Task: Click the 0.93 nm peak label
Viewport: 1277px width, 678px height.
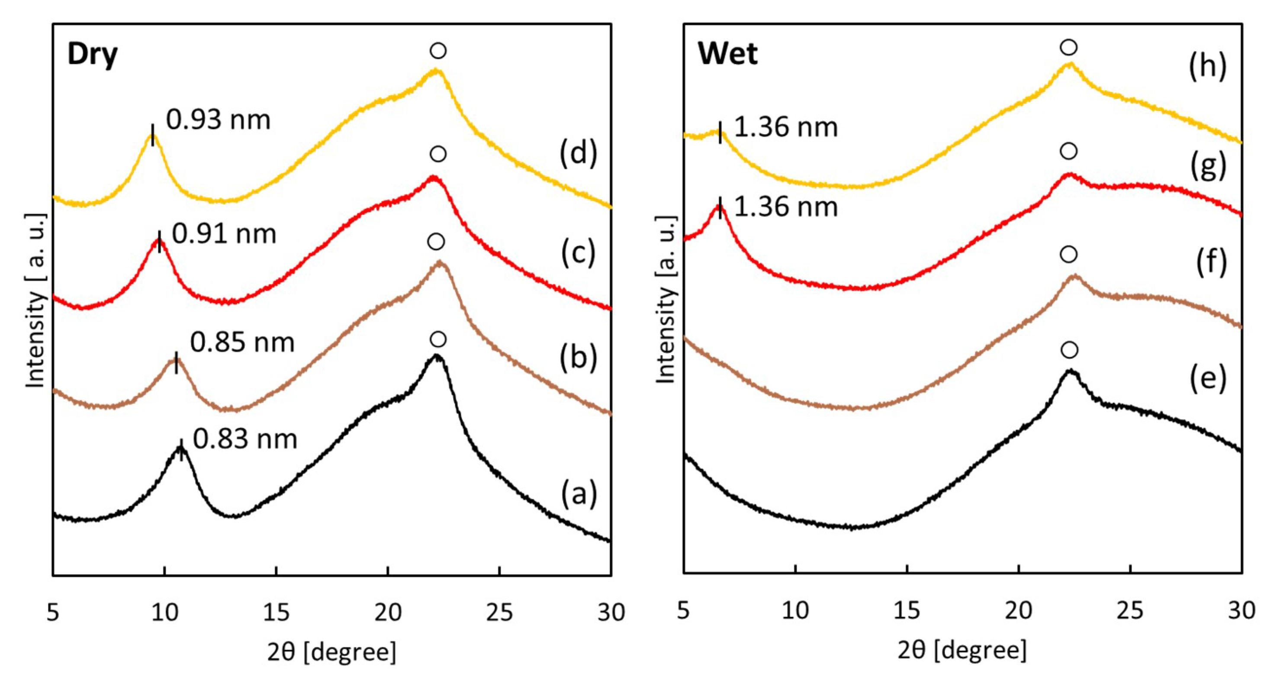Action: (x=218, y=120)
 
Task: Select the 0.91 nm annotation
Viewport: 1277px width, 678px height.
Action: (x=224, y=234)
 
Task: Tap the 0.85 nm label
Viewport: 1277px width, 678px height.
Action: (x=242, y=343)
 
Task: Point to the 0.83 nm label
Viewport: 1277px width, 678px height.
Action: (x=245, y=439)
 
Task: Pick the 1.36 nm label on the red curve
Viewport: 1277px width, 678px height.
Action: (x=786, y=207)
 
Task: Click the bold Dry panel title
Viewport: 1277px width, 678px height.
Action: (x=92, y=55)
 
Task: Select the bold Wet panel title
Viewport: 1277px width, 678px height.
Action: (x=728, y=54)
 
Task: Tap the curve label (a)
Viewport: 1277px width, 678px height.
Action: (x=579, y=494)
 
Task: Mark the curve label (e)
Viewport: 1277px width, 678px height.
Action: (x=1208, y=378)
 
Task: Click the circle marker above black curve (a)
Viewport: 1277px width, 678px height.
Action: (x=438, y=339)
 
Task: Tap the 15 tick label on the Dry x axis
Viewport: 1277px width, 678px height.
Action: (x=276, y=613)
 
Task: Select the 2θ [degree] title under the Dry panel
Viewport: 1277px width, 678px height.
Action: (x=331, y=652)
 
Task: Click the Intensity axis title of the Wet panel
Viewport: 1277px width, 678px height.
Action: (x=666, y=300)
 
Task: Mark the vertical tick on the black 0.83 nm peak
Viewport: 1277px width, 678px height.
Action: (x=181, y=450)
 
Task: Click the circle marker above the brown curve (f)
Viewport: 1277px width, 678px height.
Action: (x=1068, y=255)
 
